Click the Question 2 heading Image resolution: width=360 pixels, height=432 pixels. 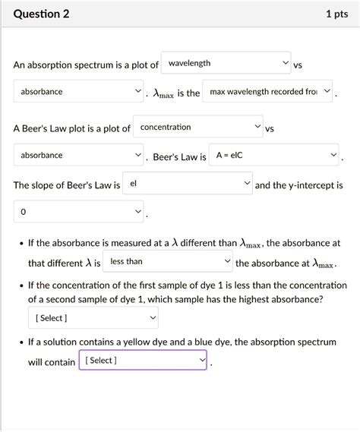click(x=41, y=14)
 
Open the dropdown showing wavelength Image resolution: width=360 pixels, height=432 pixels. click(x=226, y=64)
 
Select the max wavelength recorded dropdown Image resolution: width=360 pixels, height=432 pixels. click(x=269, y=92)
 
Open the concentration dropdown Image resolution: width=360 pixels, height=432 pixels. click(x=198, y=128)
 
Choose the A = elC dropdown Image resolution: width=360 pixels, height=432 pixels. click(x=274, y=156)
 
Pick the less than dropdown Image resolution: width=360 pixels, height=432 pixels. click(x=168, y=262)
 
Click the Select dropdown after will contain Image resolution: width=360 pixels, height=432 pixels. click(x=143, y=361)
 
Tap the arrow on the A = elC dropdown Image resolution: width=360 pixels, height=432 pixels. click(x=333, y=156)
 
